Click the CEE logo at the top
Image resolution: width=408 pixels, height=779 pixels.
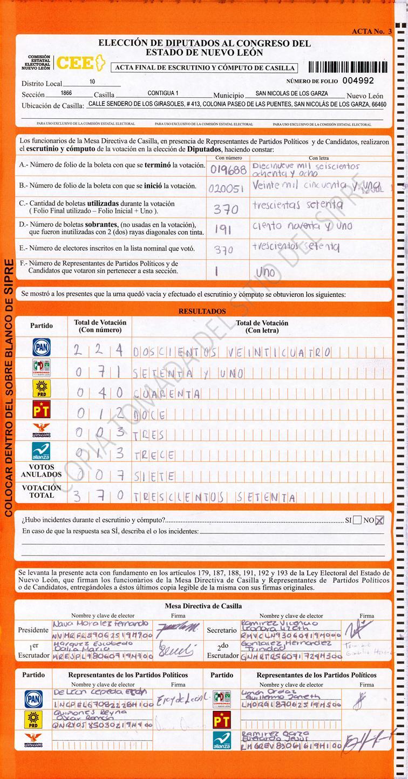pos(75,64)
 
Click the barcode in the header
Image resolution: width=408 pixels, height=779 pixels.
pos(348,67)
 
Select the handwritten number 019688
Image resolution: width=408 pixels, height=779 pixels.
pos(228,170)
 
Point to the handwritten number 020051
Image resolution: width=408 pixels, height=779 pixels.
pos(227,188)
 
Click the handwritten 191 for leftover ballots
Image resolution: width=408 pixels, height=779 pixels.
pos(223,229)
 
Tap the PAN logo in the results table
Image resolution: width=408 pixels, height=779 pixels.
pos(42,347)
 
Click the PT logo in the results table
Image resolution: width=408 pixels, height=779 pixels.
pos(42,411)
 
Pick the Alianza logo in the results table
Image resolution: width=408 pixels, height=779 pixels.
pos(42,451)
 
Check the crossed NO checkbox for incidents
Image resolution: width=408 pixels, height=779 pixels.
pos(380,520)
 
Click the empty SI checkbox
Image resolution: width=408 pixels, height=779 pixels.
pos(357,520)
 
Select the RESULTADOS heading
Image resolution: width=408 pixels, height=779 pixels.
pos(202,311)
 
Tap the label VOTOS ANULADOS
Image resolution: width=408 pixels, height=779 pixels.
pos(42,471)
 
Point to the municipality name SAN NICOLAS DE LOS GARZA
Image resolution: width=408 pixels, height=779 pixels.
pos(291,93)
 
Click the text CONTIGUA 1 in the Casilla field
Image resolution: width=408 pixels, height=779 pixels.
pos(163,93)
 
